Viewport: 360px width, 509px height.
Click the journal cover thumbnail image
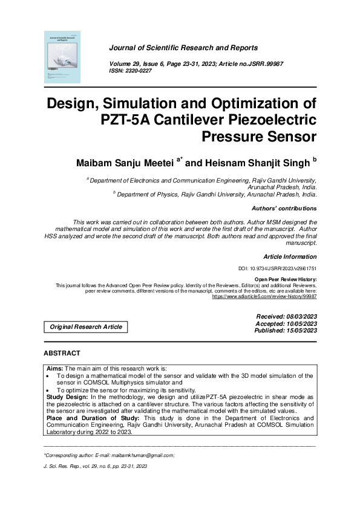[62, 56]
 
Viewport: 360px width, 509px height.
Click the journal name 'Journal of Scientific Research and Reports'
[183, 48]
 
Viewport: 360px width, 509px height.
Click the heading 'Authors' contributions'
[284, 208]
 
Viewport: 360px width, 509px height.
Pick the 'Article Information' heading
[290, 256]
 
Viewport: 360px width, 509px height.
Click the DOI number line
[278, 268]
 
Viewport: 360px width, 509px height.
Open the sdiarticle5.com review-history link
[264, 296]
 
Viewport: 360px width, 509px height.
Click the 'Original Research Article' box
[85, 327]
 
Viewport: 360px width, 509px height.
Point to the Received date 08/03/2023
[287, 317]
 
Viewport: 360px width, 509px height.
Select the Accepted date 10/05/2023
[286, 324]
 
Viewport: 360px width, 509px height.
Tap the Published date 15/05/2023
[286, 331]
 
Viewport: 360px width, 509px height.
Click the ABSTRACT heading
[62, 353]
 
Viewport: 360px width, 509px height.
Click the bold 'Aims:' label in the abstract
[56, 368]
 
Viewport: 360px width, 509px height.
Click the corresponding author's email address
[144, 455]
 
